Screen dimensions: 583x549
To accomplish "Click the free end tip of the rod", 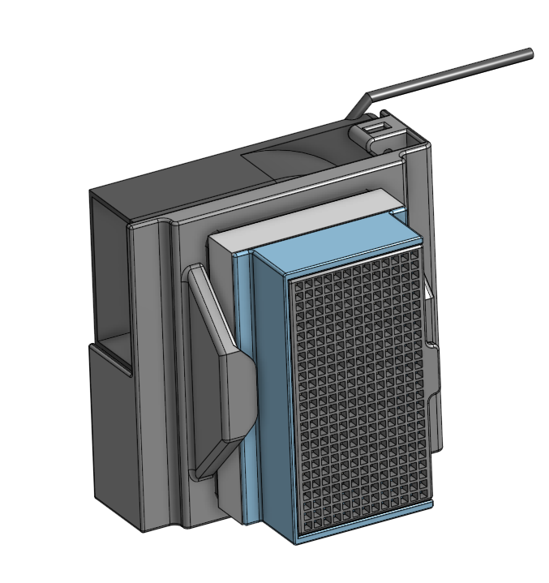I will [x=530, y=54].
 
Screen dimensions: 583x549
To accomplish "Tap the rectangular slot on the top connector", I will [x=374, y=127].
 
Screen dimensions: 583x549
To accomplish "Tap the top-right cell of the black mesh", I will [x=415, y=252].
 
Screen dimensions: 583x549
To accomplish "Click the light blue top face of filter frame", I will [x=332, y=235].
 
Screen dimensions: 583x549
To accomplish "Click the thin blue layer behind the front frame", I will [x=243, y=381].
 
